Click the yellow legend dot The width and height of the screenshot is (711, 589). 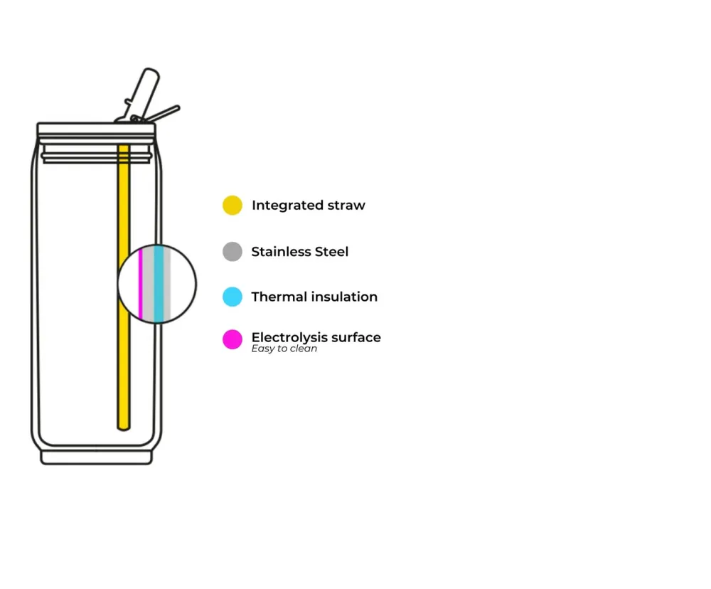click(232, 205)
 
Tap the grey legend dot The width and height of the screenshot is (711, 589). click(232, 251)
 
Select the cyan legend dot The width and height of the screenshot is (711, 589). click(232, 297)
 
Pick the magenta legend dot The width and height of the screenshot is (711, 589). click(232, 339)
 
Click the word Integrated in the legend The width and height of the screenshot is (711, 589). click(288, 206)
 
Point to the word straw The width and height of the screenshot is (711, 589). click(346, 206)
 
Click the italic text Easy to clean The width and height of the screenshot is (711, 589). click(284, 349)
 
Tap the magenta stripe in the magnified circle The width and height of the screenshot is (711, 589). click(141, 284)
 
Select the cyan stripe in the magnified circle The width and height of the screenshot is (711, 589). click(159, 284)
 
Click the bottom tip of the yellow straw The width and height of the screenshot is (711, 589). click(124, 429)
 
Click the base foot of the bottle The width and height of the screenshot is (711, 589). click(96, 457)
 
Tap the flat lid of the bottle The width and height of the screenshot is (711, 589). click(96, 129)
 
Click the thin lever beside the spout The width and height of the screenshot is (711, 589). click(164, 113)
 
